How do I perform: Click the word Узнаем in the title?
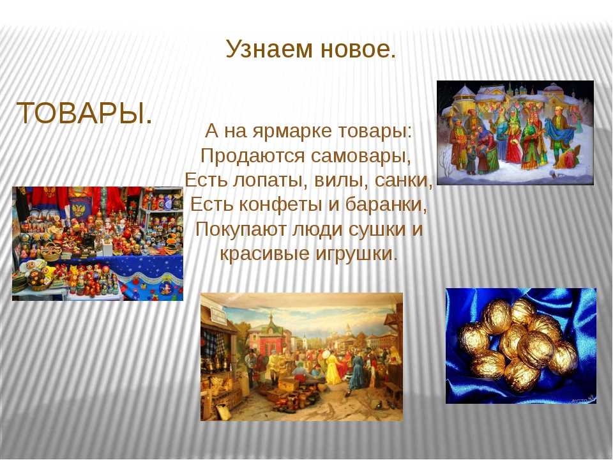coord(269,49)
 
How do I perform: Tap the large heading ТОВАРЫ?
coord(84,113)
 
